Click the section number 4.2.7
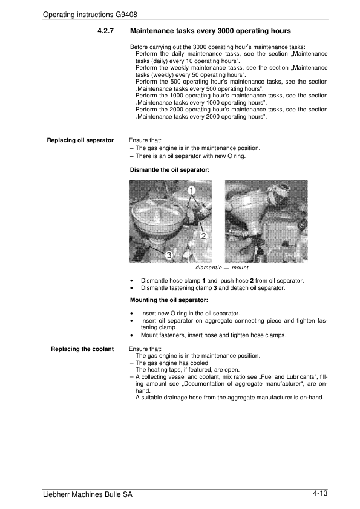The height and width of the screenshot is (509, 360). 105,31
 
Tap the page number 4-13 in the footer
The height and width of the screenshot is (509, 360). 320,493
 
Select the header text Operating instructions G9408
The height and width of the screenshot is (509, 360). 90,15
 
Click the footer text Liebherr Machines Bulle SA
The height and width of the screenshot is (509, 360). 88,494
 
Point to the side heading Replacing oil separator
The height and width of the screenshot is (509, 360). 80,140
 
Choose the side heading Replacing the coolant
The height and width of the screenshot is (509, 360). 82,349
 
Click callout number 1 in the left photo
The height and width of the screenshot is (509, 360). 191,190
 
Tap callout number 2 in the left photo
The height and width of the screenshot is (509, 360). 203,236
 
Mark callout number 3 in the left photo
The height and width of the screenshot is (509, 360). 169,255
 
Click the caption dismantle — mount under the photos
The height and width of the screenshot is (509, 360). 221,268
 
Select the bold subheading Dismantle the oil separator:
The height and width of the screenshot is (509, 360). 170,170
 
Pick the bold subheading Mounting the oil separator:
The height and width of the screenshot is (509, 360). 169,300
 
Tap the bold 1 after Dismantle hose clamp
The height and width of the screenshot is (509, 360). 203,281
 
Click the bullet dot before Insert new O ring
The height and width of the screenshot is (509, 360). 131,314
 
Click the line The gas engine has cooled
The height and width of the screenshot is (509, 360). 172,363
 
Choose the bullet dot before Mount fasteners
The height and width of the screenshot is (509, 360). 131,335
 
